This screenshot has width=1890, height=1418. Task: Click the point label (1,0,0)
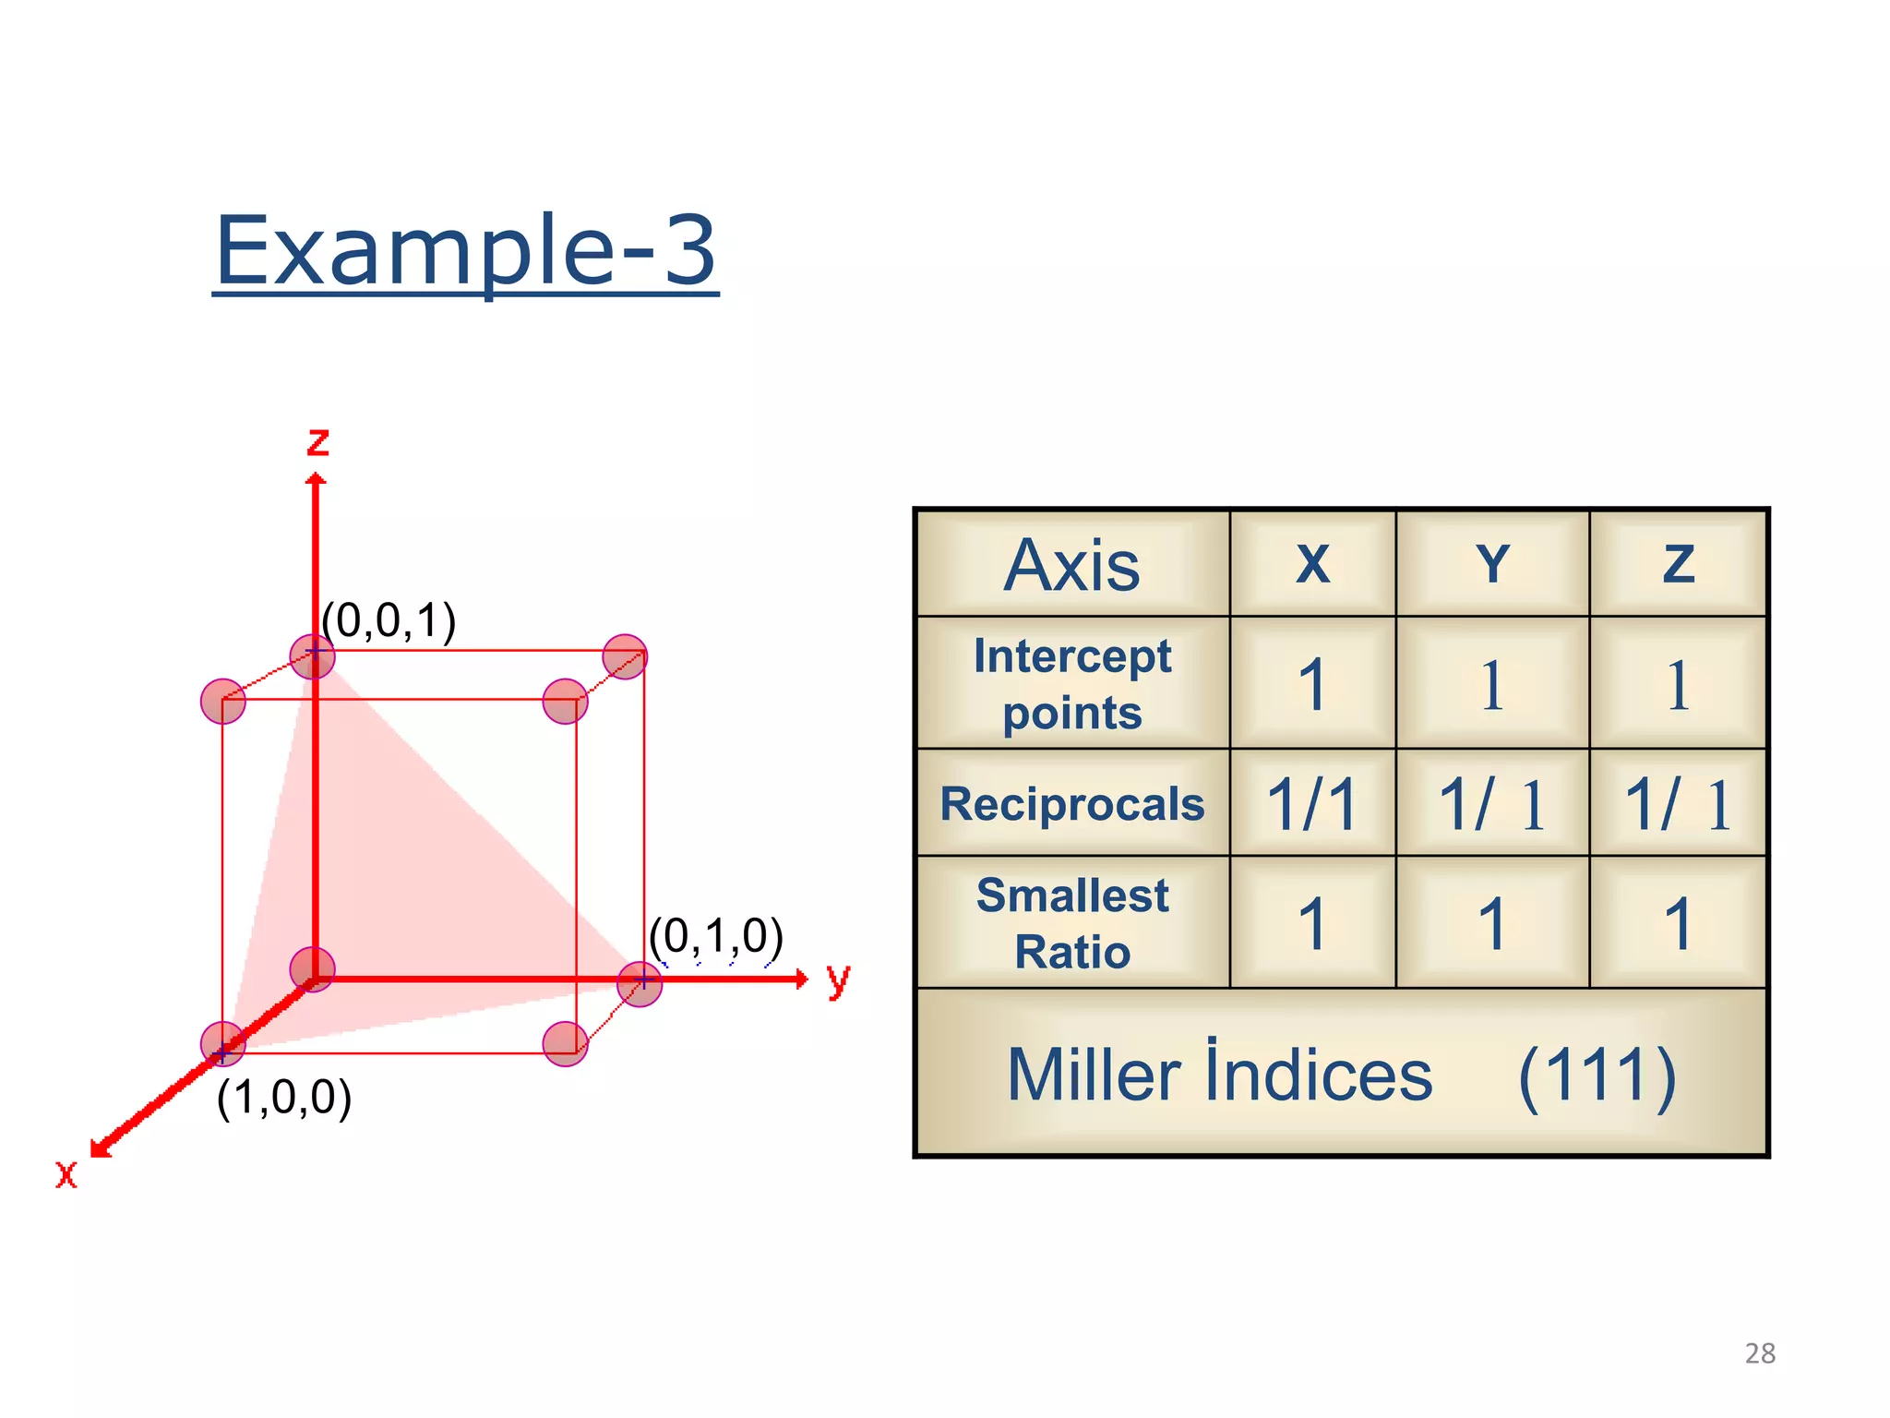[x=284, y=1097]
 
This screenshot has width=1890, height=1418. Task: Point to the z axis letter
[x=318, y=442]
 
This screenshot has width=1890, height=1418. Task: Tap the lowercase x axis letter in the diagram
[x=66, y=1174]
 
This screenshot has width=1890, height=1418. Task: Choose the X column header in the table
[x=1312, y=563]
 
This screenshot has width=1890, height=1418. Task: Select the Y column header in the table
[x=1492, y=563]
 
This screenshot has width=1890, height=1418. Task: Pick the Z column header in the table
[x=1679, y=563]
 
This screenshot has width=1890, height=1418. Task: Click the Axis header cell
[x=1072, y=565]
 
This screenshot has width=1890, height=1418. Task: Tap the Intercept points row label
[x=1072, y=684]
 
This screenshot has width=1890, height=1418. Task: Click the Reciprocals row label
[x=1072, y=803]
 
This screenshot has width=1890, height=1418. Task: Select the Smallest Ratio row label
[x=1072, y=923]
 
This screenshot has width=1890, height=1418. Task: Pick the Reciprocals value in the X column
[x=1312, y=804]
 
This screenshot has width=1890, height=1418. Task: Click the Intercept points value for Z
[x=1679, y=685]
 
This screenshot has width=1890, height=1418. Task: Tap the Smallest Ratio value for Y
[x=1492, y=923]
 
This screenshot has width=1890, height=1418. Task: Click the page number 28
[x=1760, y=1353]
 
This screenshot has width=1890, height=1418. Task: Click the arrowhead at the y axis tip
[x=801, y=979]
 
